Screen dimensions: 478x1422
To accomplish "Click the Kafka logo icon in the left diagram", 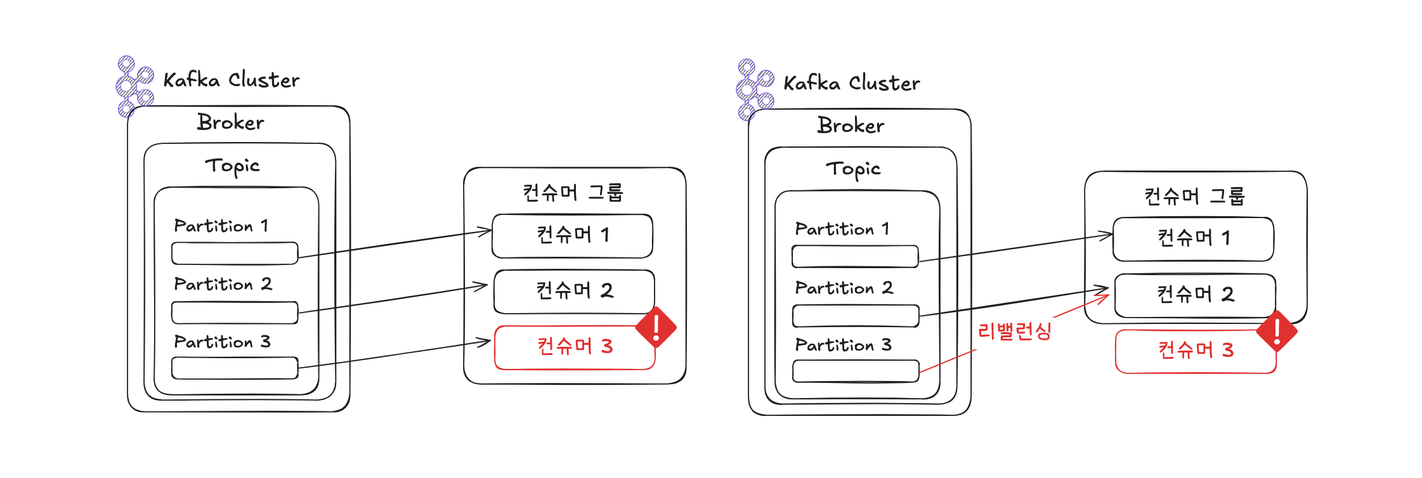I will (134, 86).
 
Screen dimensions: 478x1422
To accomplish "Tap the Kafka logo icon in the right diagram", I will (754, 89).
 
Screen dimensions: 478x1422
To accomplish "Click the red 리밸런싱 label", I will (1014, 331).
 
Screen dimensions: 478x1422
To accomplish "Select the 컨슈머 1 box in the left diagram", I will (572, 236).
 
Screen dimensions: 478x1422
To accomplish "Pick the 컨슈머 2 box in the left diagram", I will (573, 292).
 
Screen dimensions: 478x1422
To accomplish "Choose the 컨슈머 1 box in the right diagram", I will (1193, 239).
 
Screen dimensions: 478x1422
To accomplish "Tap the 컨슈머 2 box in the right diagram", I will (1194, 295).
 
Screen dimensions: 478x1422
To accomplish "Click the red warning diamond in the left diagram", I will (656, 327).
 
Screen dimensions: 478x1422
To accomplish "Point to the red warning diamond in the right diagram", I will (1277, 331).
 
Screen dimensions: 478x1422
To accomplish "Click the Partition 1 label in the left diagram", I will (221, 226).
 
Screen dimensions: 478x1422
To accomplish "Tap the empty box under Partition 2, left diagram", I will (235, 313).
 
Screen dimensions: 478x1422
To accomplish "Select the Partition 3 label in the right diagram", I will (843, 345).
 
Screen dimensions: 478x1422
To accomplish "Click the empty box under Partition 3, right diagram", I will (856, 371).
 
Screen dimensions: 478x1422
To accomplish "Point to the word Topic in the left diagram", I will (232, 166).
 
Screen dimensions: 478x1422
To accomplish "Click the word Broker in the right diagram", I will (851, 126).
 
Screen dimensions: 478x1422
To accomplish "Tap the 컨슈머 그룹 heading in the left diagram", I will (573, 192).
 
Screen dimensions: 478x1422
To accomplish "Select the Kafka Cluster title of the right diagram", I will (851, 83).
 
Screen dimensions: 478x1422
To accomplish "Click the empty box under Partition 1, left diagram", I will (235, 254).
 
